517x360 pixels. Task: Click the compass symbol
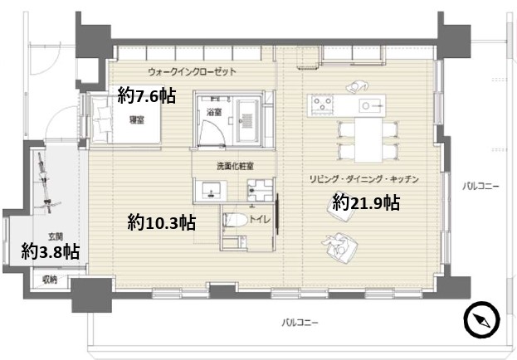pos(481,319)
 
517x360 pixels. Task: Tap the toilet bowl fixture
pos(235,219)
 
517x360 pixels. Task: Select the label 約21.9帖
pos(366,202)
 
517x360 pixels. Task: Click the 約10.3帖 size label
pos(162,222)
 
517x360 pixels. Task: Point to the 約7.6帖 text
pos(146,95)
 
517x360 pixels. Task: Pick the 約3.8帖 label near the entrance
pos(50,251)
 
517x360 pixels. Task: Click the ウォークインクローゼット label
pos(193,71)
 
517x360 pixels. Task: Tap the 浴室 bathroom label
pos(214,112)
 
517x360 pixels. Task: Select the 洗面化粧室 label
pos(235,167)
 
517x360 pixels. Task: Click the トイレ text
pos(260,219)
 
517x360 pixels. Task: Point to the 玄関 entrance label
pos(56,236)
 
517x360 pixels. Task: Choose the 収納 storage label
pos(50,280)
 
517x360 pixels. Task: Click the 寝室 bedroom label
pos(136,120)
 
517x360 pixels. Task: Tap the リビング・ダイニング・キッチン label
pos(364,179)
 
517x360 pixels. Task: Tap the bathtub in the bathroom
pos(248,121)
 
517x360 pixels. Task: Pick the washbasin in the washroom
pos(211,190)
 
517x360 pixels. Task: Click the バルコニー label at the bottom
pos(300,322)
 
